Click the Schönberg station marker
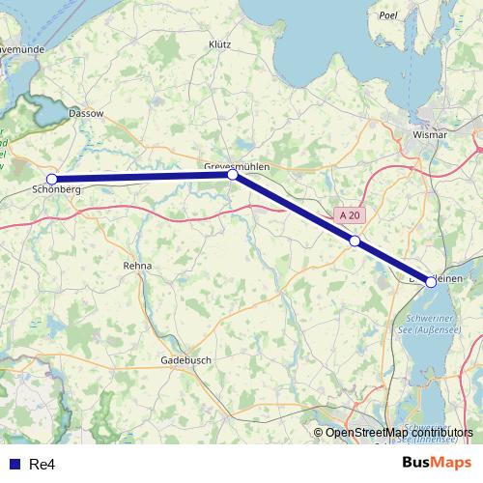tap(52, 179)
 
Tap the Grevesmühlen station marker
tap(233, 175)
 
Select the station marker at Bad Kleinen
tap(431, 282)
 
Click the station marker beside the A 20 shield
tap(355, 241)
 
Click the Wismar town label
tap(429, 135)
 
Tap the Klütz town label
tap(219, 44)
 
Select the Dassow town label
tap(86, 113)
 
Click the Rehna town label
tap(137, 265)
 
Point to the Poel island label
tap(389, 16)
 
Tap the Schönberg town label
tap(56, 190)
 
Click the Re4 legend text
tap(41, 465)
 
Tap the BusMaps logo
tap(437, 463)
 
